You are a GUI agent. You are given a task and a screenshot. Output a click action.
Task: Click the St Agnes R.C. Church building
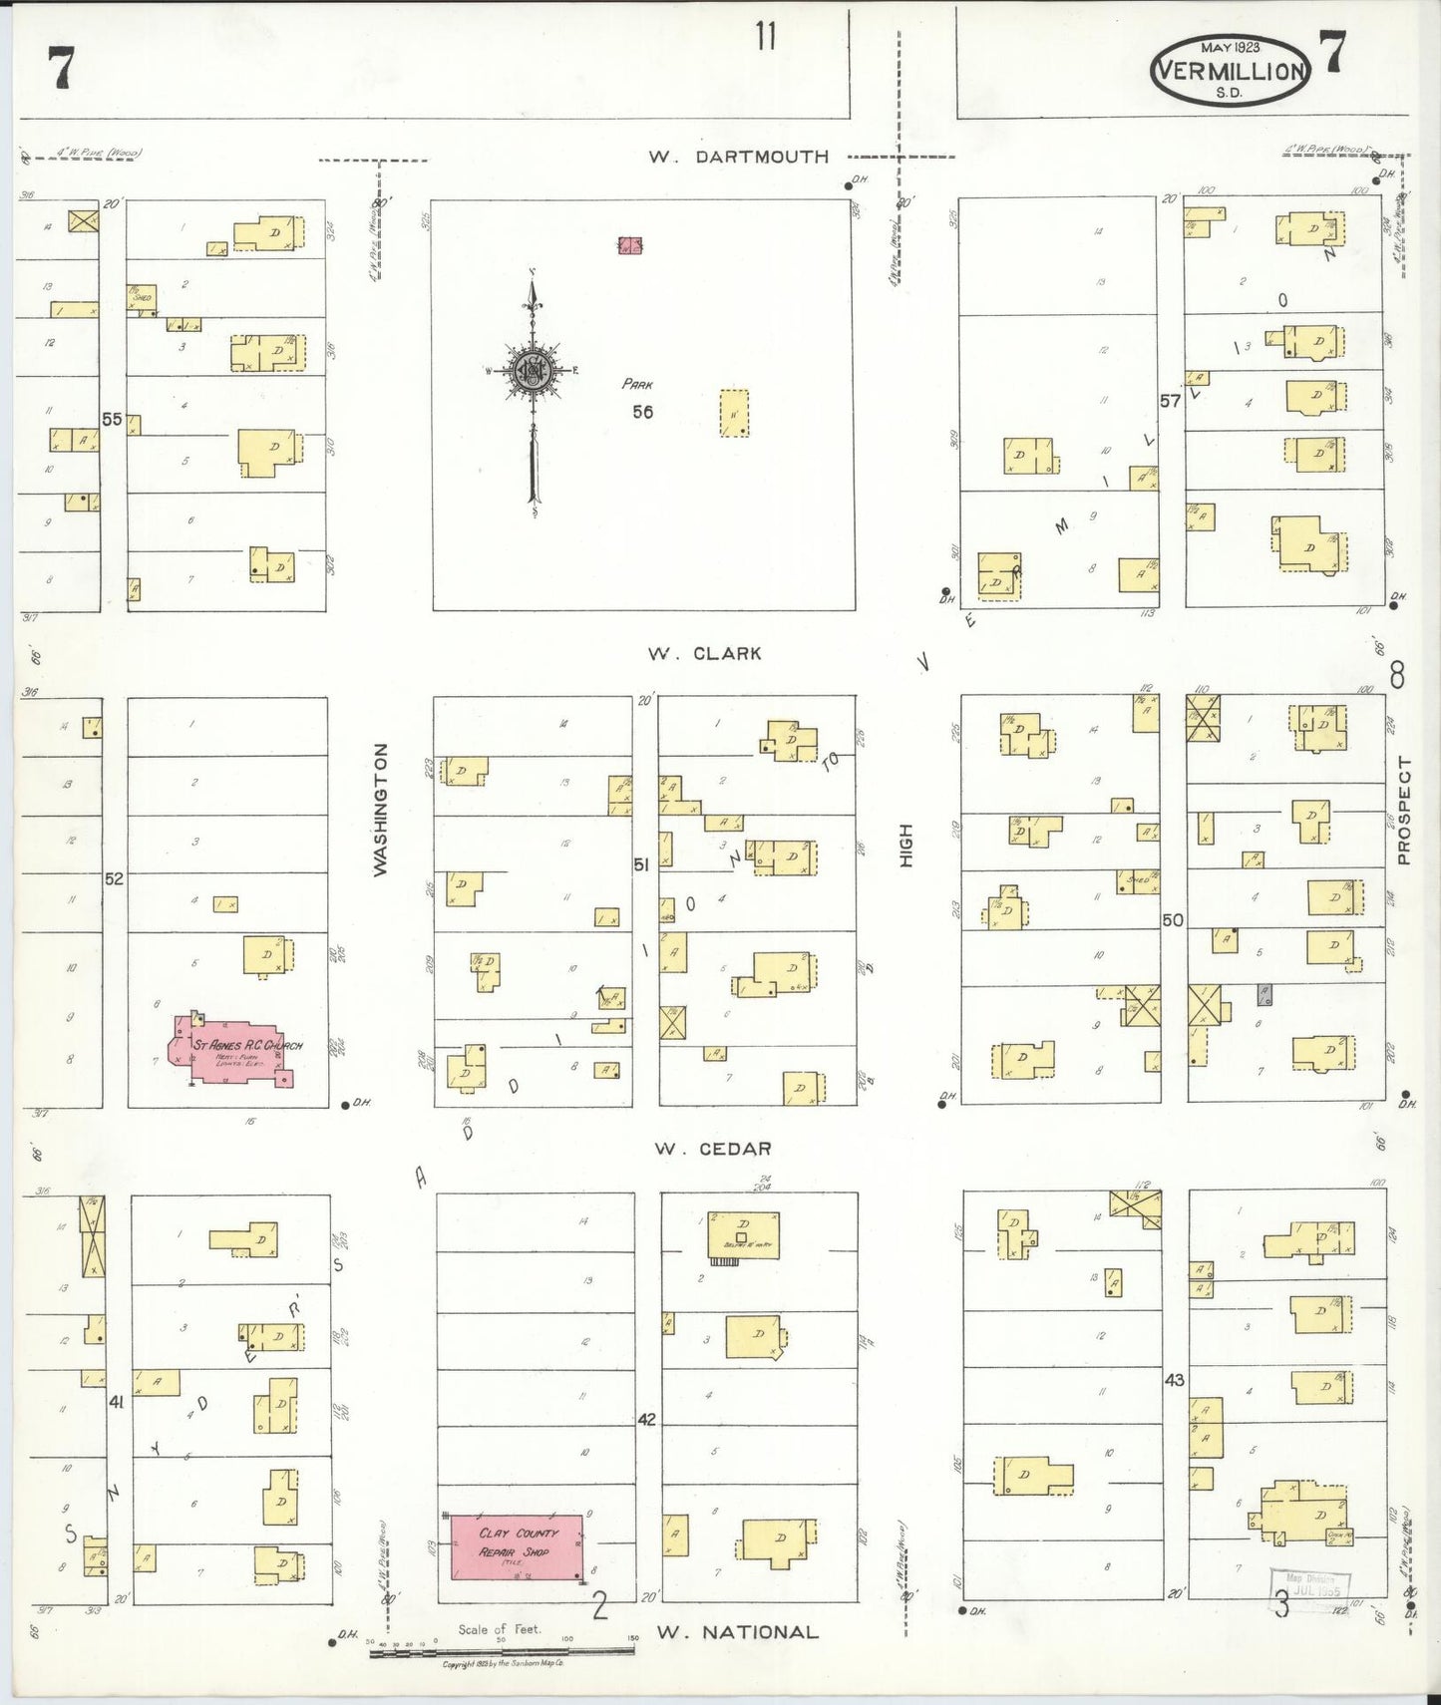234,1050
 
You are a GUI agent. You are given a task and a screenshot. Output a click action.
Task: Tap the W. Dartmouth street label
738,157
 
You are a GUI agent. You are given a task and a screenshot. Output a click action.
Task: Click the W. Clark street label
704,654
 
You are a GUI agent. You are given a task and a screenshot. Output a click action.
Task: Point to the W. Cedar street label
712,1149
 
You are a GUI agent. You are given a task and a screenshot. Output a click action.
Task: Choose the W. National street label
737,1632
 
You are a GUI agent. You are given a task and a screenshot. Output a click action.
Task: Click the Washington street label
380,810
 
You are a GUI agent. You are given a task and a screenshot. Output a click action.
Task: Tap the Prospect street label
1404,810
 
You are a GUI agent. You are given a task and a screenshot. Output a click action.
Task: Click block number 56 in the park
642,411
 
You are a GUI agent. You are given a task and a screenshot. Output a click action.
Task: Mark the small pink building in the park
629,244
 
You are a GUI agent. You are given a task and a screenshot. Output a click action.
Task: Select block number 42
646,1419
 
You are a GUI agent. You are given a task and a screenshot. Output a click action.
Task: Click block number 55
112,420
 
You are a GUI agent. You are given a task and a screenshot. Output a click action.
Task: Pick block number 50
1173,919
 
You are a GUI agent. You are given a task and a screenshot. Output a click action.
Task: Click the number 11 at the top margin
765,37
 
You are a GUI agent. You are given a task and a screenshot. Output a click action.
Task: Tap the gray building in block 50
1263,993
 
